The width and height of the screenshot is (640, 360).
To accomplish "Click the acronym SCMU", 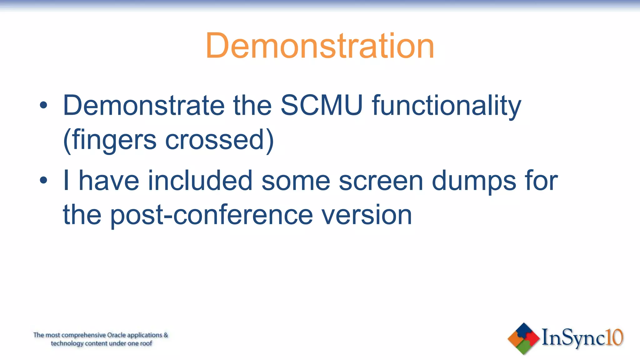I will click(x=322, y=105).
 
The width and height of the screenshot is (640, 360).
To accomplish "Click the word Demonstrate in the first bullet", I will click(x=144, y=105).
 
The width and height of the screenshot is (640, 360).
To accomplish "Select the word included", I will click(x=200, y=180).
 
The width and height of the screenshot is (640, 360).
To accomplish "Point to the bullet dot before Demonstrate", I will click(x=43, y=105).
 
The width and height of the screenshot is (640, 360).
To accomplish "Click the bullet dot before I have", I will click(x=43, y=180).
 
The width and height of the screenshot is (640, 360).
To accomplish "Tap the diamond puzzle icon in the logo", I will click(x=524, y=338).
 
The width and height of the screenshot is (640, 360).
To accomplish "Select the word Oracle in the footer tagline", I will click(x=117, y=335).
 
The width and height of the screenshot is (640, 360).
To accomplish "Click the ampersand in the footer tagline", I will click(x=166, y=335).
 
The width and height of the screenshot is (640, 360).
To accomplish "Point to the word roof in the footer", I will click(x=146, y=343).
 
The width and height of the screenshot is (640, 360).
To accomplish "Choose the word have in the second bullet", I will click(x=109, y=180).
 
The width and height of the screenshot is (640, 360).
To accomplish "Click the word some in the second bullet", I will click(x=296, y=181).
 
